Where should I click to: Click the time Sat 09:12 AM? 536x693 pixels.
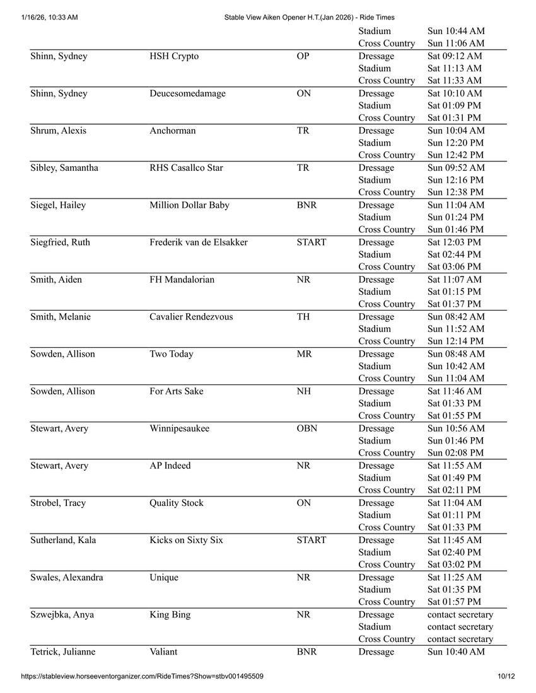click(455, 56)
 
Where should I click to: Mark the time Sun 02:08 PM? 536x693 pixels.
click(456, 452)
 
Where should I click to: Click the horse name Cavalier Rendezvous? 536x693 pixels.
click(191, 316)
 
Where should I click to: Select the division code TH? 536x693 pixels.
click(303, 316)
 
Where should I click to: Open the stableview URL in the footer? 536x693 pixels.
click(142, 677)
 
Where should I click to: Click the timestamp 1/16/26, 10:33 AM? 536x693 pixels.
click(45, 18)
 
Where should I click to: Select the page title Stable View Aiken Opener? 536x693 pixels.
click(310, 18)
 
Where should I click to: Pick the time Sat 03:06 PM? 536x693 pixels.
click(454, 266)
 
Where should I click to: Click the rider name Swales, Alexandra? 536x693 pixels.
click(67, 577)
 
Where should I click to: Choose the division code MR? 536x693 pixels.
click(304, 353)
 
